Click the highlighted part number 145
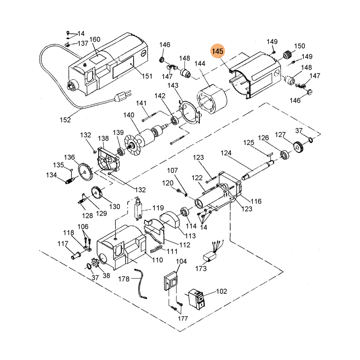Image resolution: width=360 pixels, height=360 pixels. pos(218,52)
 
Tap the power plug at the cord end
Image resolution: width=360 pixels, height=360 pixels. pos(121,97)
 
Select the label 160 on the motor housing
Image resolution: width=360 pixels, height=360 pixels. pos(94,40)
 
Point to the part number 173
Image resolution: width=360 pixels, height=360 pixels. pos(201,269)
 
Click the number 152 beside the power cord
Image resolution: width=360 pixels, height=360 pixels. pos(65,120)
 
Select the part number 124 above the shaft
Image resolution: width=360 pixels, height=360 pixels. pos(226,153)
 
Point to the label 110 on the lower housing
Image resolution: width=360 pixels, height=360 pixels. pos(157,260)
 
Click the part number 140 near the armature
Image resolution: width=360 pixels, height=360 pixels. pos(129,116)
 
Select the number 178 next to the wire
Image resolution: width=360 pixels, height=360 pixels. pos(124,279)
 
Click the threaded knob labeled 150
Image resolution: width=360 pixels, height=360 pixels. pos(284,56)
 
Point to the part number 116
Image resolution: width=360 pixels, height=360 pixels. pos(256,201)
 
